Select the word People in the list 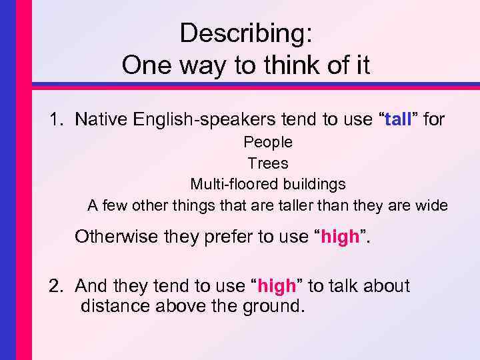[x=268, y=142]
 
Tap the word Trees [x=268, y=163]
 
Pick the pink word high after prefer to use [x=340, y=237]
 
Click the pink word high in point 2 [x=276, y=286]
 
